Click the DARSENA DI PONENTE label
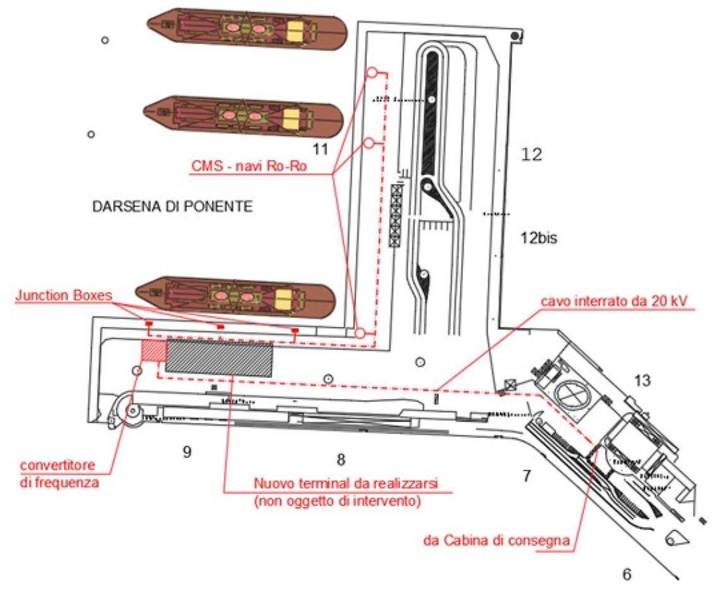point(172,207)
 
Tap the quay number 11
point(321,149)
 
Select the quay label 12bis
point(539,239)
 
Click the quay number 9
point(187,453)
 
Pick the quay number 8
point(341,459)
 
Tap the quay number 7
point(526,475)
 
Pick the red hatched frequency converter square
point(152,350)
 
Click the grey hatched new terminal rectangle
point(219,358)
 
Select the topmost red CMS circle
point(373,73)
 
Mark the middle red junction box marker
point(220,326)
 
